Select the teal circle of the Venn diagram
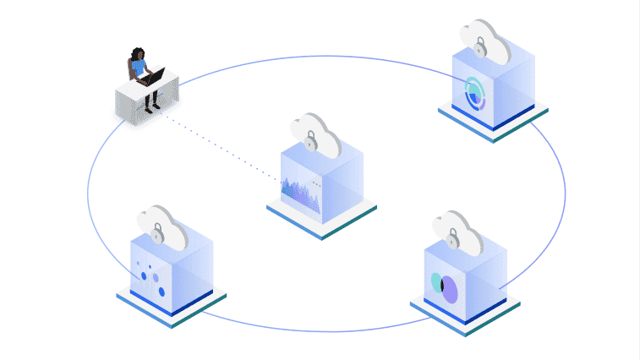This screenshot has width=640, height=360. pos(436,281)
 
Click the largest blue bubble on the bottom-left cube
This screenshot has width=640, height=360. pos(161,291)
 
